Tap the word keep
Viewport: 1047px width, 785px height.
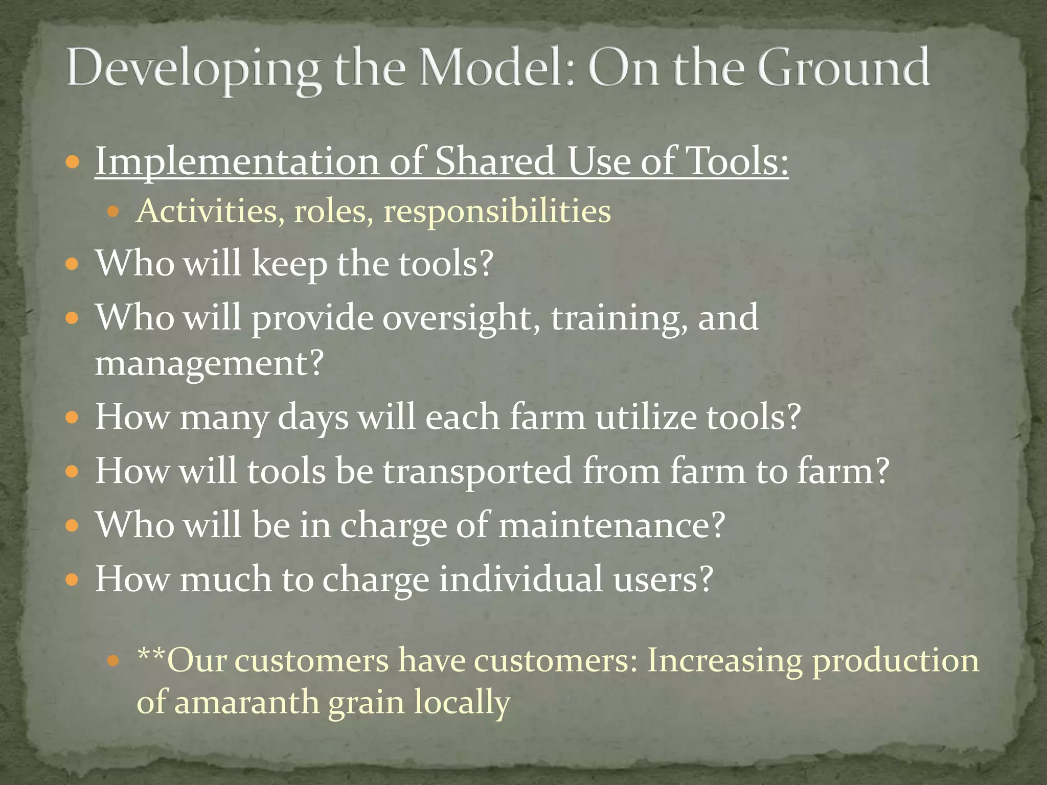click(289, 265)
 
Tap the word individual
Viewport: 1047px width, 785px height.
click(521, 580)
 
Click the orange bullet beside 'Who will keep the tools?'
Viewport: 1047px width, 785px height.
click(73, 265)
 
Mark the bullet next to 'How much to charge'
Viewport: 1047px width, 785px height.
click(73, 581)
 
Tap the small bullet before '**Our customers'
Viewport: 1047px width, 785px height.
click(113, 661)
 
